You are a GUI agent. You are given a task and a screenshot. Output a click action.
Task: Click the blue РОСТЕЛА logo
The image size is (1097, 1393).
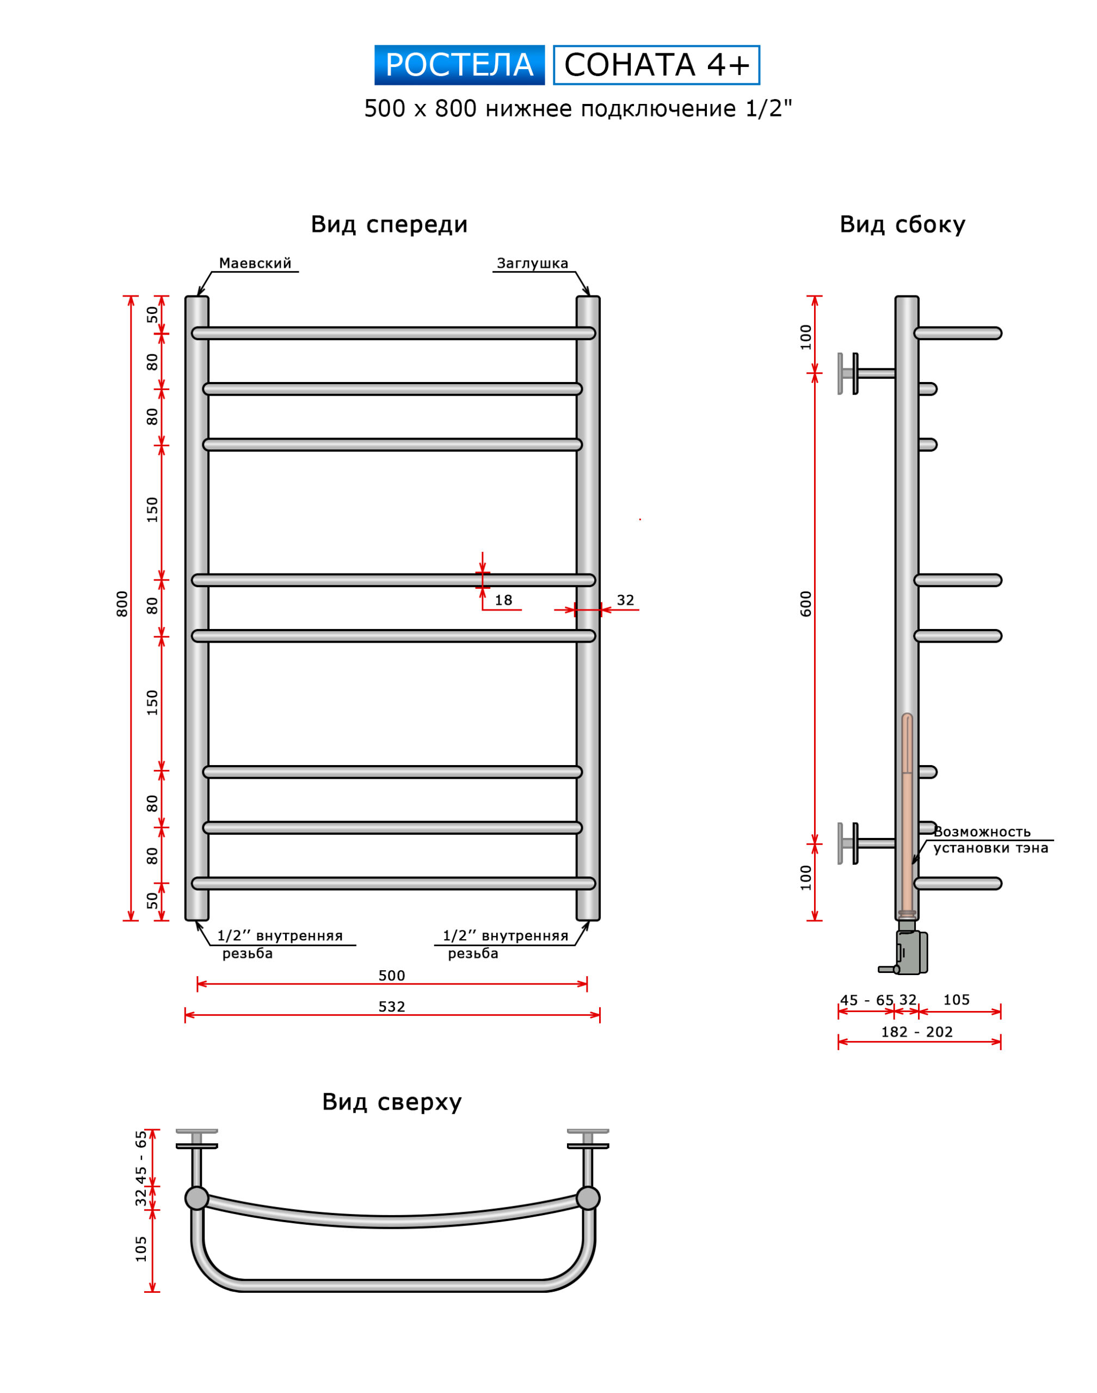[x=459, y=65]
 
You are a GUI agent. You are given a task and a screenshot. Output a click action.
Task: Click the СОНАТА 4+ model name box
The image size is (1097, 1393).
[x=656, y=65]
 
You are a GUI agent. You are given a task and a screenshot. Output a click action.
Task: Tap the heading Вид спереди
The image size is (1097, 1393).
[x=389, y=225]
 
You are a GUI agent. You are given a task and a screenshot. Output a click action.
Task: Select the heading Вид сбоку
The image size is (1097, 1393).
[x=902, y=225]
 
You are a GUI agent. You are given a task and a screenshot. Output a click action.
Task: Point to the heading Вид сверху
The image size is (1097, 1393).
[x=392, y=1102]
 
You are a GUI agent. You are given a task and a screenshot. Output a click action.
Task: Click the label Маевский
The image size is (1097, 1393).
[x=255, y=263]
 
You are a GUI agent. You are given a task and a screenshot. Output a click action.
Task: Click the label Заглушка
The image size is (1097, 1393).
[x=532, y=263]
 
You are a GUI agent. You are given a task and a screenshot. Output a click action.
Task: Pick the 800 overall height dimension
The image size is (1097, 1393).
[x=122, y=603]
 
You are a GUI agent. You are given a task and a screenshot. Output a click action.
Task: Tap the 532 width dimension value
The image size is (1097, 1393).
[x=392, y=1006]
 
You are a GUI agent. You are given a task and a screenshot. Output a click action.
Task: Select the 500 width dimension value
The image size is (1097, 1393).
[x=392, y=976]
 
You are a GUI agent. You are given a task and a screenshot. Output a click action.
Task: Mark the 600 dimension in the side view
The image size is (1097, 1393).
[x=806, y=603]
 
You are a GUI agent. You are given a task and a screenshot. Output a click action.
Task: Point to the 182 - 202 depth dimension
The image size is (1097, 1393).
[x=916, y=1032]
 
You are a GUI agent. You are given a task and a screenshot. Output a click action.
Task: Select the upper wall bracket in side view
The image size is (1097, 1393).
[x=865, y=373]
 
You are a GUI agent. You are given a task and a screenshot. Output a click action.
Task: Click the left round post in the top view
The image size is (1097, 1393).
[x=196, y=1198]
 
